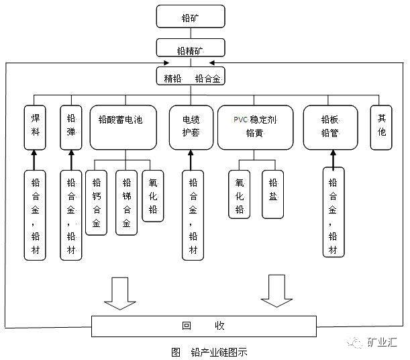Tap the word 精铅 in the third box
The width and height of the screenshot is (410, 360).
pyautogui.click(x=174, y=78)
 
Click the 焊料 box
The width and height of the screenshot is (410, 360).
pyautogui.click(x=36, y=126)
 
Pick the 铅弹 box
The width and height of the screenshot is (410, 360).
pyautogui.click(x=71, y=126)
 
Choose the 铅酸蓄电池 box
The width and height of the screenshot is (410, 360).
pyautogui.click(x=123, y=126)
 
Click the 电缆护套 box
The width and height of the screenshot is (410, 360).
pyautogui.click(x=191, y=126)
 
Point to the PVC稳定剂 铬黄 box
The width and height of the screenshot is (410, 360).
pyautogui.click(x=255, y=126)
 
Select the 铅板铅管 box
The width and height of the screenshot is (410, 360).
pyautogui.click(x=330, y=126)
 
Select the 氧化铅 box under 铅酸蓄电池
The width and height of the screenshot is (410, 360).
pyautogui.click(x=152, y=195)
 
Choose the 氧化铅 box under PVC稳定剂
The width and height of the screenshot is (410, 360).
pyautogui.click(x=240, y=194)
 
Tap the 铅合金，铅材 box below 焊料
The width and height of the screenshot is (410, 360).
pyautogui.click(x=36, y=214)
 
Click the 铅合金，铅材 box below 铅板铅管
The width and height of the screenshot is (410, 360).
pyautogui.click(x=332, y=214)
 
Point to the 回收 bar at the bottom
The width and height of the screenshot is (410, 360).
pyautogui.click(x=203, y=326)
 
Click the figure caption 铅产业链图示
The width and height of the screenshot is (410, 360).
pyautogui.click(x=219, y=352)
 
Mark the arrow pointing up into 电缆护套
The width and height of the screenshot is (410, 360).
pyautogui.click(x=191, y=160)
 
